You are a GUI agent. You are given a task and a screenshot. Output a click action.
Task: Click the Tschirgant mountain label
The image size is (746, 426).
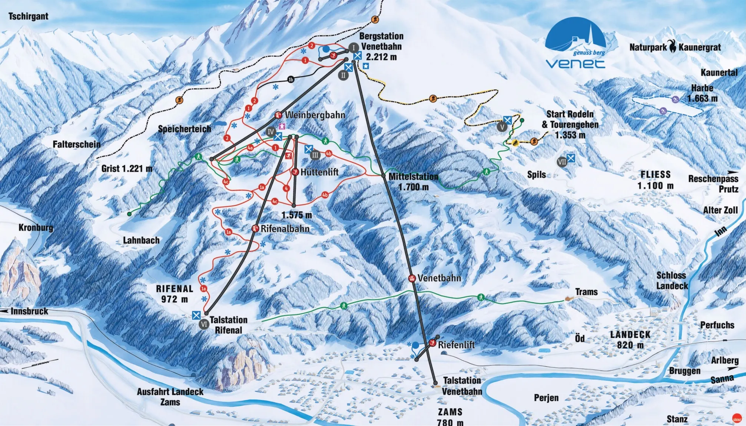[29, 16]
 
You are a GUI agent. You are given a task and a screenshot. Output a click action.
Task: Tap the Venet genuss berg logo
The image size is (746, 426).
[575, 44]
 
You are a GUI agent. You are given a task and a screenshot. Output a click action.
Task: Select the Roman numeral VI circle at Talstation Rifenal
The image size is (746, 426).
[204, 325]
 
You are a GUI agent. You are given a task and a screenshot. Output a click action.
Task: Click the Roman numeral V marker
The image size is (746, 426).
[502, 127]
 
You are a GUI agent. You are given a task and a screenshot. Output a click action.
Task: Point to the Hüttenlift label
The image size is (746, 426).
[319, 172]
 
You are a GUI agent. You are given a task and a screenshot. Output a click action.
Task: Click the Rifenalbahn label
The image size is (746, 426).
[285, 229]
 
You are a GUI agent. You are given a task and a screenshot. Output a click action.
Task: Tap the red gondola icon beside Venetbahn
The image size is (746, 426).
[412, 278]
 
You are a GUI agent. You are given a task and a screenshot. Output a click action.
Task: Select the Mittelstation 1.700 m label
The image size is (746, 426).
[413, 182]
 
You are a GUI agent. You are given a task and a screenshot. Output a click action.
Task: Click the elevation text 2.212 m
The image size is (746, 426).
[381, 57]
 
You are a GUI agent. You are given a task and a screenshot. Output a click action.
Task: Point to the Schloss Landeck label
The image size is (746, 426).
[672, 280]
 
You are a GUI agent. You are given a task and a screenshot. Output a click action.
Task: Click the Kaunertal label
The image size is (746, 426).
[719, 73]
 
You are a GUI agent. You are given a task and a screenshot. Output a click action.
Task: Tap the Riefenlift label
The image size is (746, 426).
[456, 345]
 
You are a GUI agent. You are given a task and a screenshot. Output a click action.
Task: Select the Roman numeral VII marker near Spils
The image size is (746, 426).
[562, 162]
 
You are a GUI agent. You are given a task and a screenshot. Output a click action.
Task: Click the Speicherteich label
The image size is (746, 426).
[184, 129]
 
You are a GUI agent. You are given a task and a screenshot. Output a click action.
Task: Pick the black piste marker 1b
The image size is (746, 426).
[291, 80]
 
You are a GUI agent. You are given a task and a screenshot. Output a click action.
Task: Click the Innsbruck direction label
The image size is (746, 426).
[29, 311]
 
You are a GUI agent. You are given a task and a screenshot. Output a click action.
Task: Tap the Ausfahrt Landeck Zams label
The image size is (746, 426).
[170, 397]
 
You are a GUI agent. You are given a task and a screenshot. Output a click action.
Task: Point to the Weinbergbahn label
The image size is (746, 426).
[315, 115]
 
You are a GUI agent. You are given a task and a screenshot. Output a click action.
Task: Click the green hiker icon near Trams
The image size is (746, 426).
[481, 297]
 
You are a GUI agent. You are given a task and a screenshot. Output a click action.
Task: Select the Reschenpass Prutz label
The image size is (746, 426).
[713, 184]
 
